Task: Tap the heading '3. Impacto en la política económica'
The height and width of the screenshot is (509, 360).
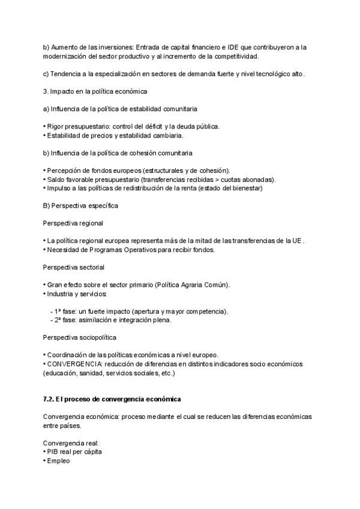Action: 95,91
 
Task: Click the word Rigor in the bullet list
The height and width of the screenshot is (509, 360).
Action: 56,127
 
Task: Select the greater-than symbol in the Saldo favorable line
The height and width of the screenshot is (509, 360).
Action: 218,179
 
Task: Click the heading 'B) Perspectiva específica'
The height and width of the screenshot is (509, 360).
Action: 80,206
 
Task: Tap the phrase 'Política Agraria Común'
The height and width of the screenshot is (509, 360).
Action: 193,285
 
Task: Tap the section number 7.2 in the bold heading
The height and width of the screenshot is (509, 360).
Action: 49,399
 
